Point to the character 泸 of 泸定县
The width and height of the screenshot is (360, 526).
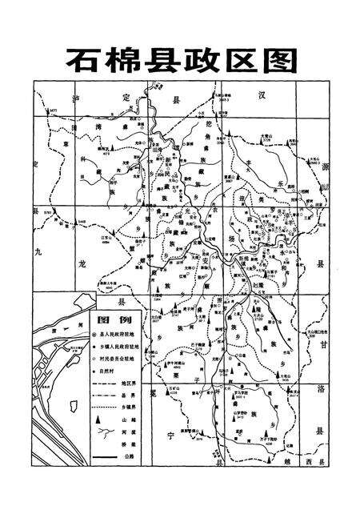tap(77, 98)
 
